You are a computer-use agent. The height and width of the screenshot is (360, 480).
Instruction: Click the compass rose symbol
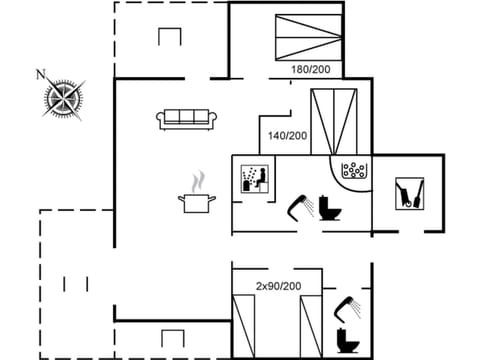click(63, 98)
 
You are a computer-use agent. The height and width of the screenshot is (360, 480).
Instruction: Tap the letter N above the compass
click(41, 73)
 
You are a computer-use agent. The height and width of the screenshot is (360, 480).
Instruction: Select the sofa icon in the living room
click(188, 119)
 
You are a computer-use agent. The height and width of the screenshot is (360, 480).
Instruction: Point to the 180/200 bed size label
click(310, 69)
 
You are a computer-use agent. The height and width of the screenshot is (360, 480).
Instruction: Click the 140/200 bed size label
click(287, 135)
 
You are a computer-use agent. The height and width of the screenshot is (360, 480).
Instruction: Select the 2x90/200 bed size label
click(278, 286)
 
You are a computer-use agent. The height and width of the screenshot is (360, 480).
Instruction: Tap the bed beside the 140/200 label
click(333, 121)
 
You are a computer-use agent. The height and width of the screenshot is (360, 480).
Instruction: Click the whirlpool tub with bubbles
click(354, 170)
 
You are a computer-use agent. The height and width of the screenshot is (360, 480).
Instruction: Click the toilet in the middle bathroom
click(331, 207)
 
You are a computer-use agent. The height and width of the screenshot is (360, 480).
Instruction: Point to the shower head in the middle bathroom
click(299, 205)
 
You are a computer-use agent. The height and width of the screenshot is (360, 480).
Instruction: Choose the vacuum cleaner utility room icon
click(409, 192)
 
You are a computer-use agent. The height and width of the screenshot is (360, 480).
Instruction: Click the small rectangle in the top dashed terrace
click(168, 36)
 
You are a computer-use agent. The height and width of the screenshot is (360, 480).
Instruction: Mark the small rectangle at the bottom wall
click(170, 337)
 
